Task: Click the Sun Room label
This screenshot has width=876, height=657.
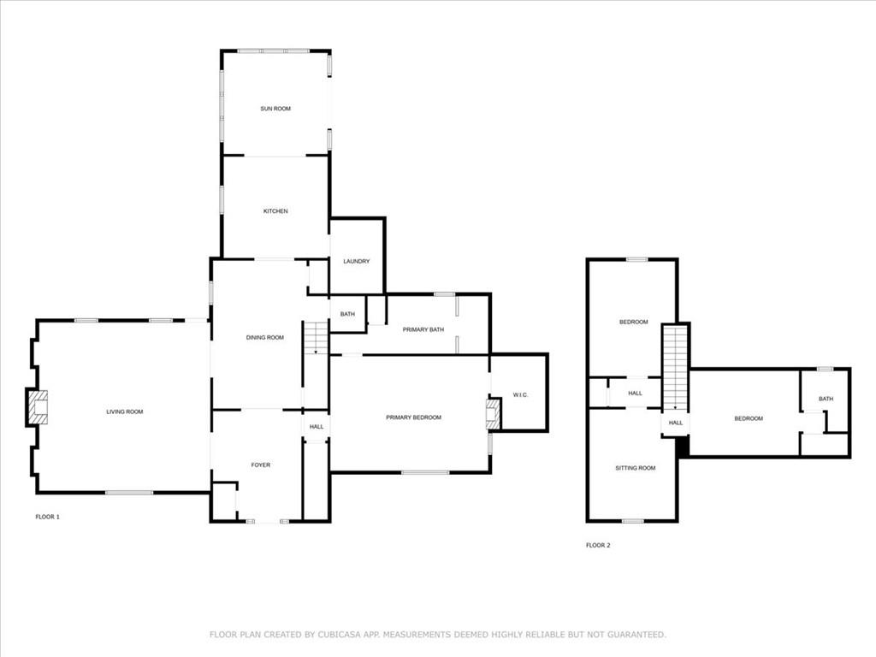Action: click(275, 109)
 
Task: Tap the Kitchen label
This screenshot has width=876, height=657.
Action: click(275, 211)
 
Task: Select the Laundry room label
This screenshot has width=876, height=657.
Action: click(357, 262)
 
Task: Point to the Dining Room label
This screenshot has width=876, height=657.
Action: click(265, 337)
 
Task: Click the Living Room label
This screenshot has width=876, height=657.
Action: click(125, 411)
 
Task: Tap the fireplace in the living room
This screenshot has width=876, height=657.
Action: click(37, 408)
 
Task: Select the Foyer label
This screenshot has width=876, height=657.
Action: click(260, 465)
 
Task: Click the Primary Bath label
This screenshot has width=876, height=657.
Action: click(423, 329)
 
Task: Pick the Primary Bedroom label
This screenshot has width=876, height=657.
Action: click(413, 417)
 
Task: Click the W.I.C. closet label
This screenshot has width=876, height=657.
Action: click(520, 395)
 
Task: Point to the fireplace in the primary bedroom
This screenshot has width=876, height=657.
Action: click(494, 414)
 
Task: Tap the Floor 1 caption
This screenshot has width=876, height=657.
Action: click(48, 517)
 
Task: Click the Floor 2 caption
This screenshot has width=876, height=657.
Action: click(598, 545)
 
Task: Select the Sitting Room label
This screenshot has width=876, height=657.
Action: click(636, 468)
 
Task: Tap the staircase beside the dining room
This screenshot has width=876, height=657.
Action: click(316, 337)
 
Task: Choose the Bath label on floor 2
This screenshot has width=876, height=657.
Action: click(826, 399)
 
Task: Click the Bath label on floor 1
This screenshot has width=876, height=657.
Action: click(347, 314)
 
